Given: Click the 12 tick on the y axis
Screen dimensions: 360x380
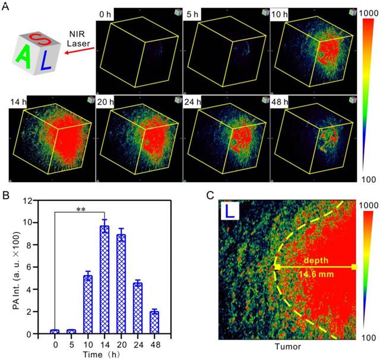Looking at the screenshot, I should point(39,200).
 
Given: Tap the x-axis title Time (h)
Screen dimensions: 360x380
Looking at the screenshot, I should point(104,354).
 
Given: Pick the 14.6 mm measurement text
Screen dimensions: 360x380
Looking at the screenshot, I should point(316,274).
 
